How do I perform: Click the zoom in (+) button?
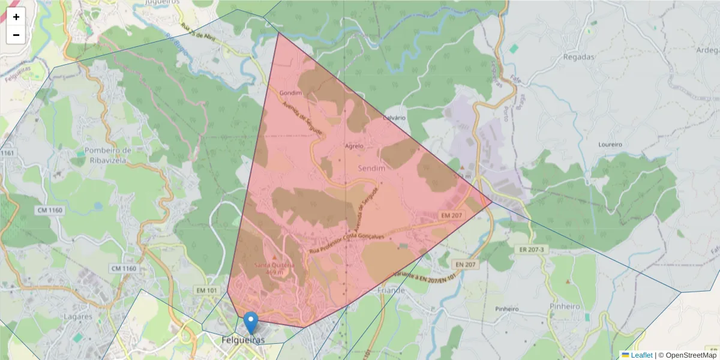pos(16,17)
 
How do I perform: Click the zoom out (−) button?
pos(16,35)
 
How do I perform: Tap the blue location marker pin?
pos(251,322)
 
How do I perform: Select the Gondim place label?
pos(290,93)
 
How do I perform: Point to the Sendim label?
pos(371,169)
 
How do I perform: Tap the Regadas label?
pos(579,57)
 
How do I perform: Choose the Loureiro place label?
pos(611,145)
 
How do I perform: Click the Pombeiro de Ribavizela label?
pos(108,154)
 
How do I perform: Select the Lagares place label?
pos(81,316)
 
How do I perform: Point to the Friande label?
pos(392,290)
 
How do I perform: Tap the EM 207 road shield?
pos(453,215)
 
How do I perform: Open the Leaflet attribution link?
pos(641,355)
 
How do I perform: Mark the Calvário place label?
pos(394,118)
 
